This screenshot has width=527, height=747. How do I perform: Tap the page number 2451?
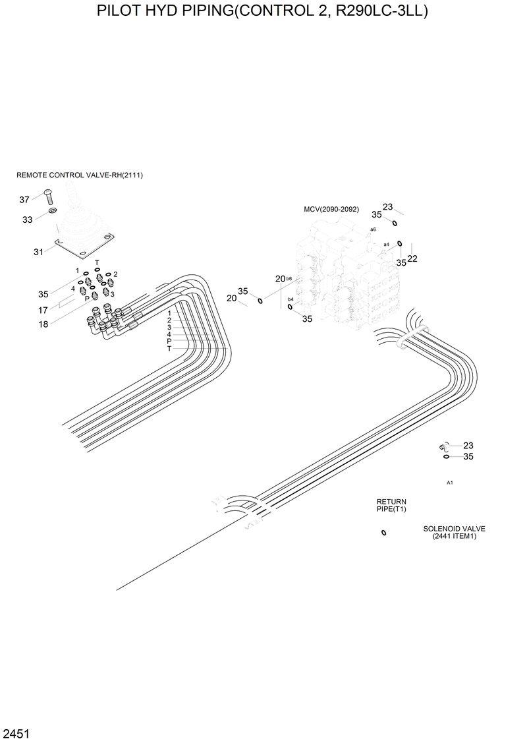click(x=15, y=734)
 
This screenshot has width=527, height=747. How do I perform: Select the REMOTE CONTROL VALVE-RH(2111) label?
click(x=80, y=175)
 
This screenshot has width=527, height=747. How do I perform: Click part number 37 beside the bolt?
click(x=24, y=200)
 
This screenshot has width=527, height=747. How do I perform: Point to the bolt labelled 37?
click(x=48, y=196)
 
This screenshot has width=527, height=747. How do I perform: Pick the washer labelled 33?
click(x=52, y=212)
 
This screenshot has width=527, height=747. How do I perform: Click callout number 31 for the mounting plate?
click(x=38, y=251)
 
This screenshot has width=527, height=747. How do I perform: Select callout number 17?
click(x=43, y=310)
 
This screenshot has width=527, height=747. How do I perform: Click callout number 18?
click(x=43, y=324)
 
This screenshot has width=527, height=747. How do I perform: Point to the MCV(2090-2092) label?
click(x=331, y=210)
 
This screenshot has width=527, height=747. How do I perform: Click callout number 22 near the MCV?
click(x=412, y=258)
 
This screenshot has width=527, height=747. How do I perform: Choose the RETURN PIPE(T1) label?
click(x=391, y=506)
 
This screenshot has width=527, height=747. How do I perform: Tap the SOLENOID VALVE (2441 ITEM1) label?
click(x=454, y=532)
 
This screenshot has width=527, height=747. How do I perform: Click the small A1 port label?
click(x=450, y=483)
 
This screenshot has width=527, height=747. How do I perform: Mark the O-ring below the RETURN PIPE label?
click(x=383, y=533)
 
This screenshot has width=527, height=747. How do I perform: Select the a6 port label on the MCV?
click(x=373, y=229)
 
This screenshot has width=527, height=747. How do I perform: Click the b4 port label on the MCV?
click(x=291, y=299)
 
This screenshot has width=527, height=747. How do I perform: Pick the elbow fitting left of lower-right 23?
click(x=444, y=448)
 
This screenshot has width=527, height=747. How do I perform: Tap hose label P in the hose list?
click(x=169, y=341)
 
